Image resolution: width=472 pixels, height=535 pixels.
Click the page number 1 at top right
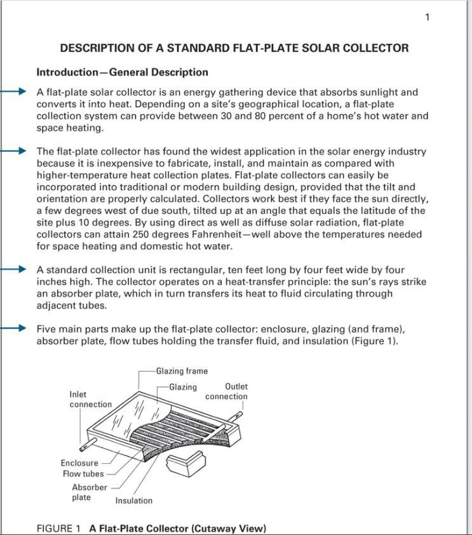tap(428, 17)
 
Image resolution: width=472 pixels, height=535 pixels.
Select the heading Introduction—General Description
tap(122, 72)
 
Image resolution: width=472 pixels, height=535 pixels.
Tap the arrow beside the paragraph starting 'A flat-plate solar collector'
tap(14, 92)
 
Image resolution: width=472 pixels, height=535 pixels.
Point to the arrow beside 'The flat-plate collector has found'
tap(14, 151)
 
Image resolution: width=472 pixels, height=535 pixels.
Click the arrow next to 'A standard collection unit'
tap(14, 269)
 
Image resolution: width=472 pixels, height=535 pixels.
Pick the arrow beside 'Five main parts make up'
tap(14, 328)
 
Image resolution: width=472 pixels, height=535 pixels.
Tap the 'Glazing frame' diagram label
tap(182, 371)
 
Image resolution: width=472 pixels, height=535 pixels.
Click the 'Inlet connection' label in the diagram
tap(90, 400)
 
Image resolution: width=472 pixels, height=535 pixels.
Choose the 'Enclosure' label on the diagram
tap(79, 463)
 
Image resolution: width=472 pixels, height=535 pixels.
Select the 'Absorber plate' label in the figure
tap(90, 492)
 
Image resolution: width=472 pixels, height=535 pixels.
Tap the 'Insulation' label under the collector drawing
tap(133, 501)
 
